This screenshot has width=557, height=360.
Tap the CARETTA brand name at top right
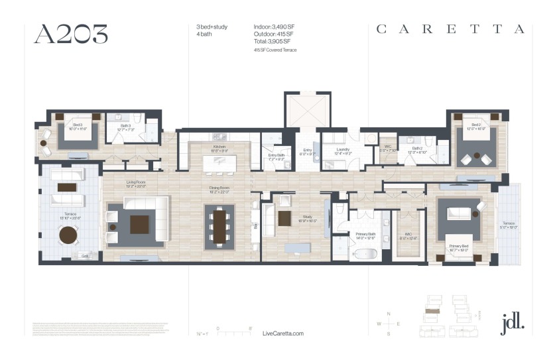coord(450,29)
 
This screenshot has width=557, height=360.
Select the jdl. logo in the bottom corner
coord(513,322)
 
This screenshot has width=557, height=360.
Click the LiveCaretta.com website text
coord(283,333)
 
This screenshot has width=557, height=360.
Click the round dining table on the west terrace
coord(68,235)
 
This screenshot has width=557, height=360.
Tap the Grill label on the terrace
coord(85,255)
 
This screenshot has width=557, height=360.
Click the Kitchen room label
coord(219,147)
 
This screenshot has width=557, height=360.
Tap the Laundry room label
coord(342,150)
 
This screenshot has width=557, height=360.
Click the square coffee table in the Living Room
coord(139,225)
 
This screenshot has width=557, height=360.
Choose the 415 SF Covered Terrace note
coord(275,50)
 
